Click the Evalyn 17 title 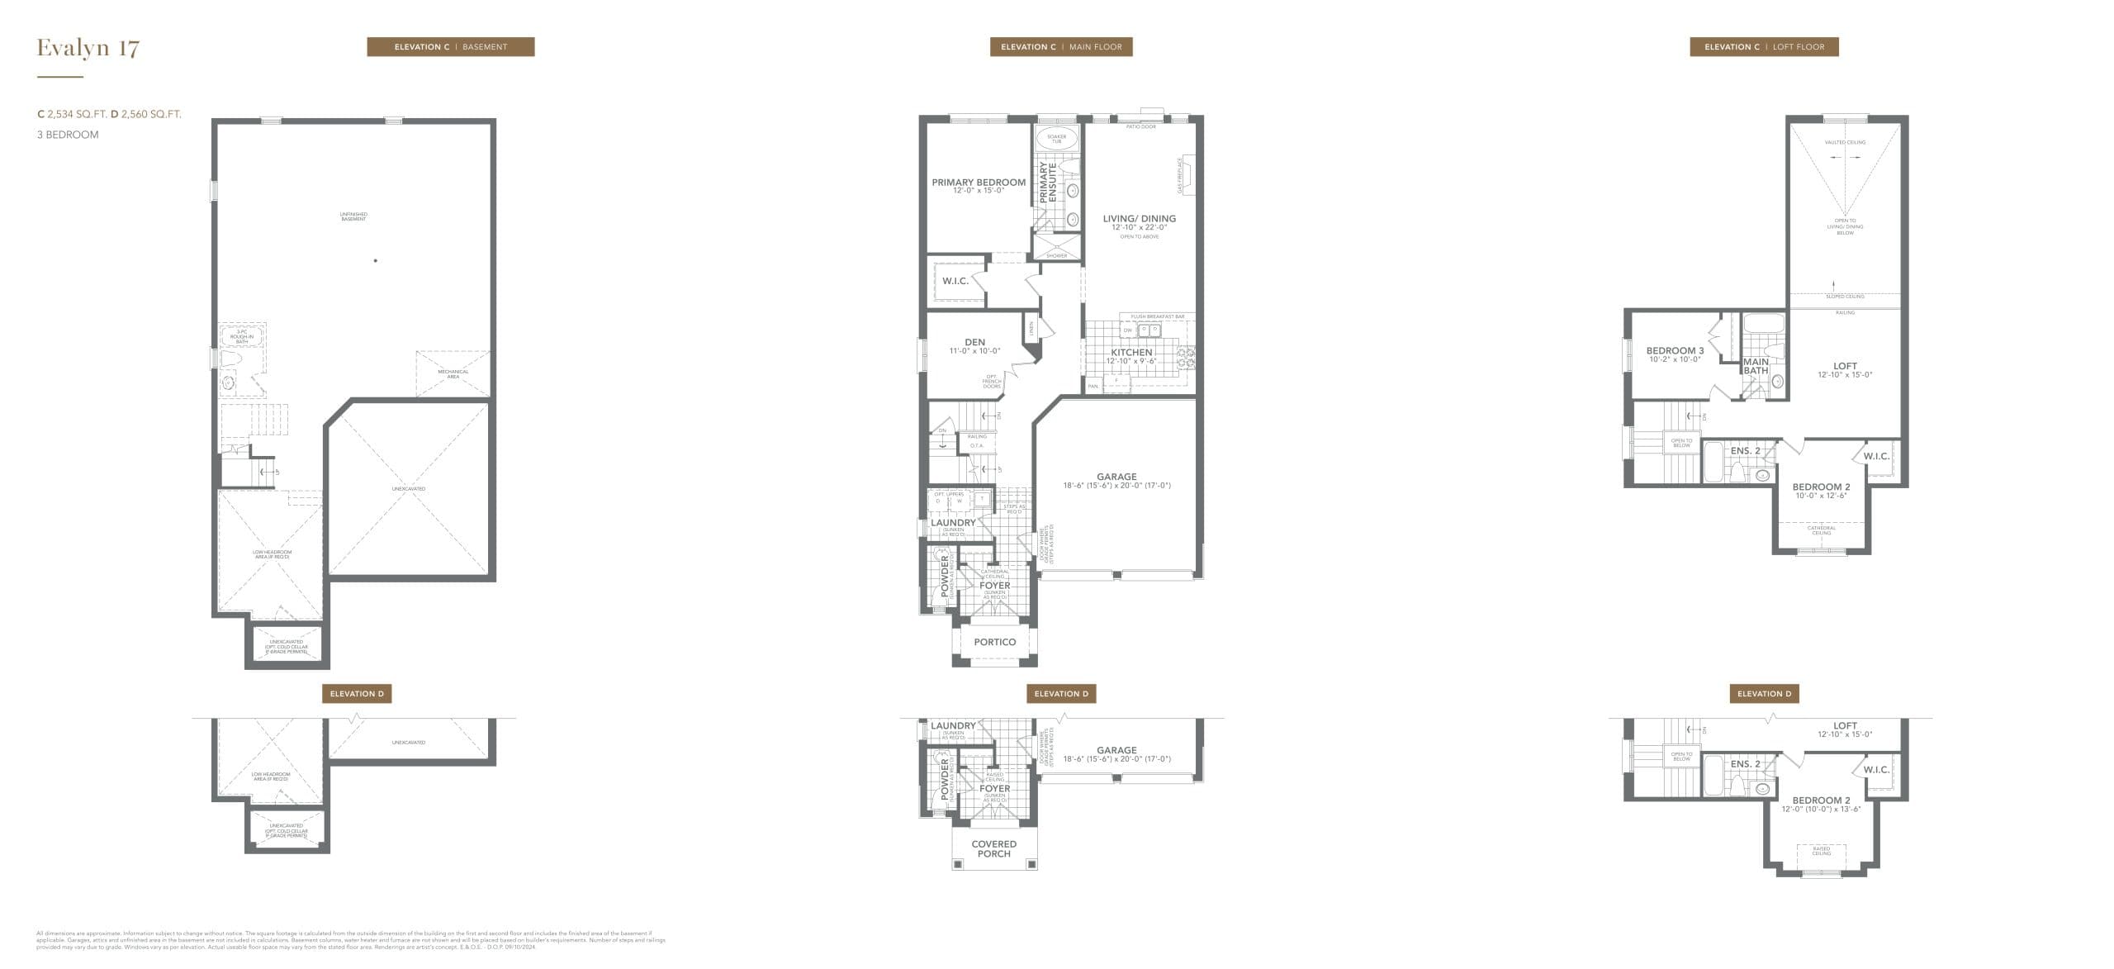(x=88, y=48)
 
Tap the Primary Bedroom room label (x=979, y=183)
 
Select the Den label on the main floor (x=974, y=342)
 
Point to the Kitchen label (x=1131, y=353)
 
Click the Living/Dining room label (x=1139, y=219)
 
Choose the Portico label (x=994, y=642)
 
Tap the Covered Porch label (x=994, y=849)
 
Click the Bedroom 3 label (x=1675, y=351)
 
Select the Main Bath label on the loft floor (x=1756, y=366)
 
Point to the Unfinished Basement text (x=353, y=216)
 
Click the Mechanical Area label (x=453, y=373)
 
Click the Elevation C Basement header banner (x=451, y=47)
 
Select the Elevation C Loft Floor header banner (x=1764, y=47)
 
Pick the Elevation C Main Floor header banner (x=1061, y=47)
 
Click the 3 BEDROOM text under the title (x=68, y=135)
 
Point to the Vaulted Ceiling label (x=1845, y=142)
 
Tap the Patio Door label (x=1141, y=126)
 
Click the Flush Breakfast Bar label (x=1157, y=316)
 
